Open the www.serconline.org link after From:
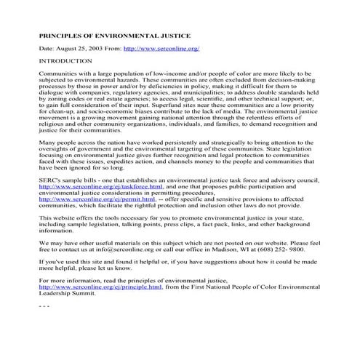click(x=162, y=48)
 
